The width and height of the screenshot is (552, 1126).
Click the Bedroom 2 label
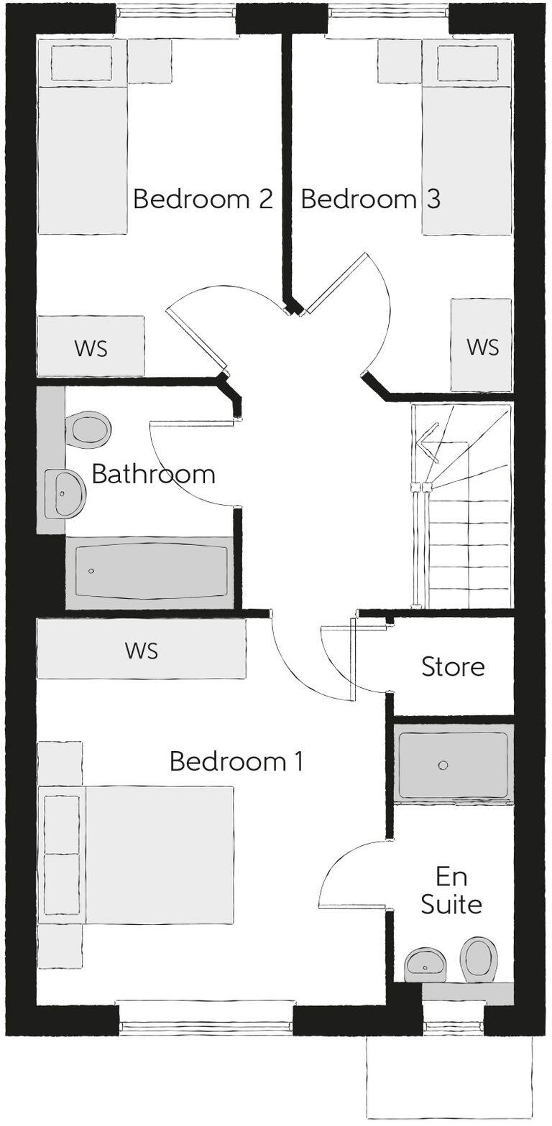[x=203, y=199]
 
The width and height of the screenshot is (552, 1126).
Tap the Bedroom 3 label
[x=370, y=199]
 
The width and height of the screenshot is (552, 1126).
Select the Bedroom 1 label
[x=236, y=761]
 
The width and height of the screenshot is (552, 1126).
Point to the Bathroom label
[x=153, y=474]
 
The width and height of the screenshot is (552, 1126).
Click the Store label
[x=453, y=666]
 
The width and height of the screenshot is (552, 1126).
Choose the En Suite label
[x=451, y=890]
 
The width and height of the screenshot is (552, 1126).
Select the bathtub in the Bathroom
[x=151, y=572]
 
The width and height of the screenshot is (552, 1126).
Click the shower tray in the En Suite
[x=453, y=766]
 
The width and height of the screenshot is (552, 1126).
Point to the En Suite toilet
[x=479, y=959]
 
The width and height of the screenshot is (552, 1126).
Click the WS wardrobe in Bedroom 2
[x=91, y=346]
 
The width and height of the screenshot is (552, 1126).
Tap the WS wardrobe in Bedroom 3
[x=482, y=345]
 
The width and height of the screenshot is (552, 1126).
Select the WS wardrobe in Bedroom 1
[x=142, y=649]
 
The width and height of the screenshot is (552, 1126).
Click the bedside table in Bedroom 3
[x=399, y=62]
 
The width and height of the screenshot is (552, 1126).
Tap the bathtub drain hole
[x=91, y=571]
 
